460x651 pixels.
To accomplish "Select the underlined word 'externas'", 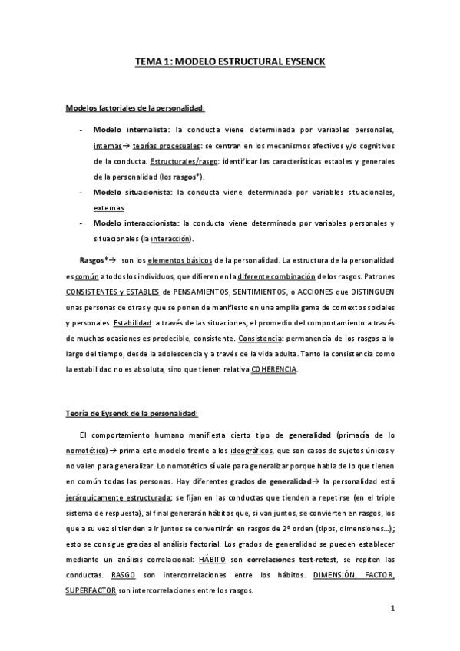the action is (x=110, y=207).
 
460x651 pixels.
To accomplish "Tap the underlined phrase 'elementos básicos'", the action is (x=179, y=259).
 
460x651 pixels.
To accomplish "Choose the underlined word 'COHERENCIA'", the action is (x=273, y=369).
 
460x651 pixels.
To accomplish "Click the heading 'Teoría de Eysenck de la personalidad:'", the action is (x=133, y=413).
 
